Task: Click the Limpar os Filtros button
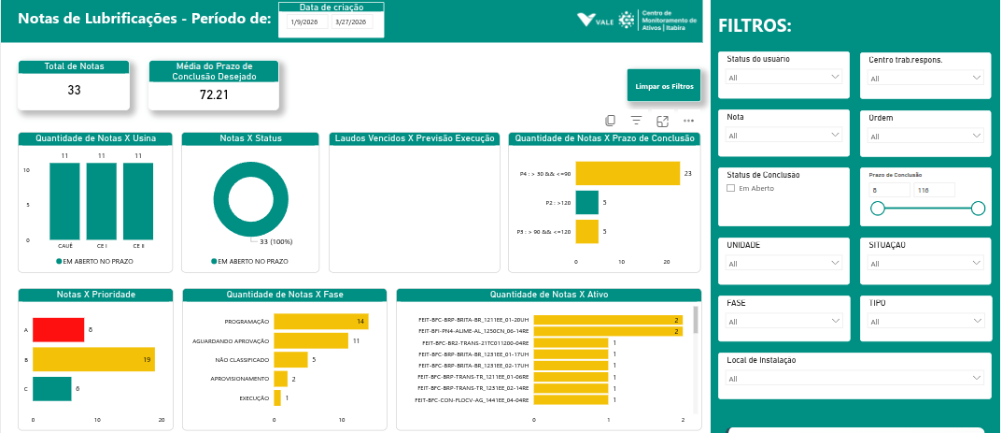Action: pyautogui.click(x=664, y=85)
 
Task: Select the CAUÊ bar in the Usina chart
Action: pyautogui.click(x=65, y=200)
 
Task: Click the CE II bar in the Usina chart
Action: pyautogui.click(x=137, y=200)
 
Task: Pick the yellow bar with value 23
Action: pyautogui.click(x=628, y=174)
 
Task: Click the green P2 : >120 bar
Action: pyautogui.click(x=586, y=202)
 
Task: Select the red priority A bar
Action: pyautogui.click(x=58, y=329)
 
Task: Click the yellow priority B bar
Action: pyautogui.click(x=93, y=359)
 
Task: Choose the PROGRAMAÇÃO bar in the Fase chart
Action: pyautogui.click(x=320, y=322)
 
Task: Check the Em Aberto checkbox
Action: pyautogui.click(x=731, y=188)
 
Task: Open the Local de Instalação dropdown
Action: pyautogui.click(x=854, y=378)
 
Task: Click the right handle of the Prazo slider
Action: pyautogui.click(x=978, y=209)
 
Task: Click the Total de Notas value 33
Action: pyautogui.click(x=74, y=90)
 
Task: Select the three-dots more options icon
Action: pyautogui.click(x=688, y=121)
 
